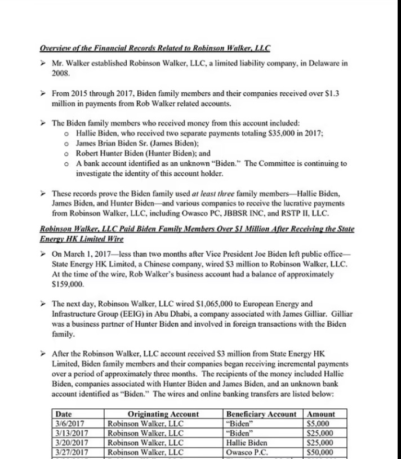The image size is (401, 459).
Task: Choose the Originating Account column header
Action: tap(163, 415)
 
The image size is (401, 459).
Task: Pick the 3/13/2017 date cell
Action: tap(70, 434)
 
